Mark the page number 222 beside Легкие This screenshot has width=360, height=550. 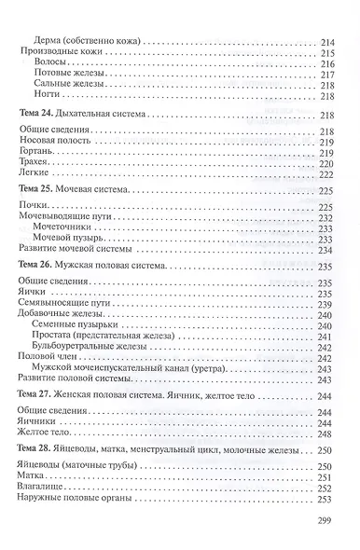326,172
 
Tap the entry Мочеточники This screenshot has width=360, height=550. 62,227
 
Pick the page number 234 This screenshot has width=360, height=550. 326,251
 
